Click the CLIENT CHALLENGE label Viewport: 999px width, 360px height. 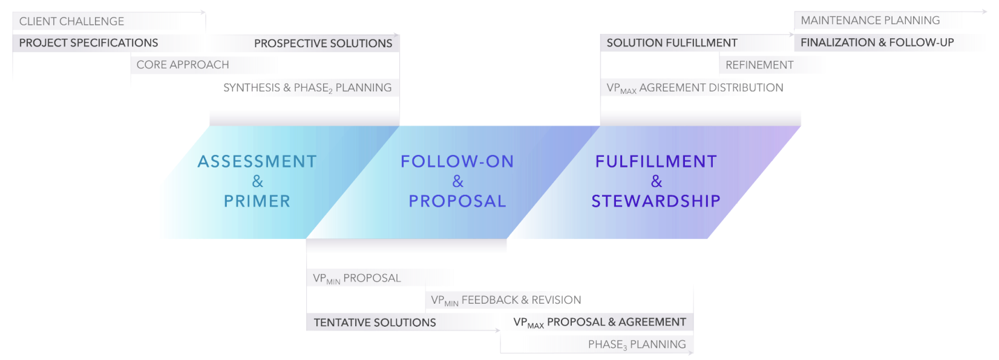71,21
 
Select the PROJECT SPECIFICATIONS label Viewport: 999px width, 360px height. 88,43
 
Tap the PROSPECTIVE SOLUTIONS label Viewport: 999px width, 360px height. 323,44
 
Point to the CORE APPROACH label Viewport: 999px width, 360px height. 183,65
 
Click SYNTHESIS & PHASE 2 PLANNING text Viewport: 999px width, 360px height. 307,88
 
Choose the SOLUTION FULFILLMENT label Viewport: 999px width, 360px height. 672,43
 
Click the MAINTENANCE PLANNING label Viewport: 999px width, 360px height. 870,21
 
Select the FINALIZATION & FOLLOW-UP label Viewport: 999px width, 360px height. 877,42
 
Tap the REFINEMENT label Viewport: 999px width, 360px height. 759,65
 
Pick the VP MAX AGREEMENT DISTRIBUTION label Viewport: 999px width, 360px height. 695,88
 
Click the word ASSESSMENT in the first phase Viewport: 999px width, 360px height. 257,162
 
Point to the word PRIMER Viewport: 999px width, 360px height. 257,201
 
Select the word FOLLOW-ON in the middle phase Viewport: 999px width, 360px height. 457,162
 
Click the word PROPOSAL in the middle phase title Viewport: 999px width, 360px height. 457,201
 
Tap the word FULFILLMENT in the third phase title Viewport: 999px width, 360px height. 656,162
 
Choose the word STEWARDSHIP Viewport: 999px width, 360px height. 656,201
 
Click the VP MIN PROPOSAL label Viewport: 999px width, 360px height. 357,278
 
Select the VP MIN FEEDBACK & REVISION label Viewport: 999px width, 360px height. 506,300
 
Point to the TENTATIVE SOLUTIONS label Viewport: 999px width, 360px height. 375,322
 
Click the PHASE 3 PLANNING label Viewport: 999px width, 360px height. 637,344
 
